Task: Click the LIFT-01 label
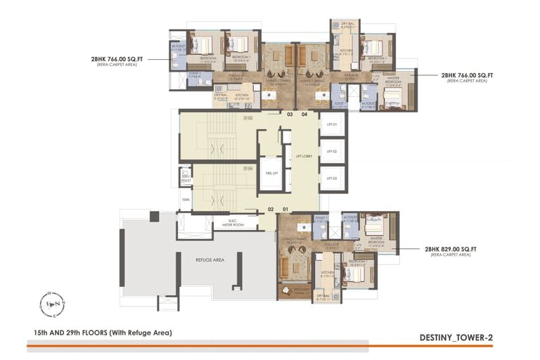click(332, 124)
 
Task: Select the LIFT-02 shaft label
click(332, 151)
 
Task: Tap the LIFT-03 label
click(332, 179)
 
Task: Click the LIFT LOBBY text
click(304, 156)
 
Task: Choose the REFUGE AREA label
click(210, 259)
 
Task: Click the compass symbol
click(52, 303)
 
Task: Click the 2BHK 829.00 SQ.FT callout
click(450, 249)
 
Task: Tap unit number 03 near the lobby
click(289, 114)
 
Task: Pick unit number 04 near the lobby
click(304, 114)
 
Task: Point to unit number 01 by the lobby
click(286, 209)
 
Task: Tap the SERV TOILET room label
click(186, 178)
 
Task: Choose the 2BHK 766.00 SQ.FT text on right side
click(466, 75)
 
